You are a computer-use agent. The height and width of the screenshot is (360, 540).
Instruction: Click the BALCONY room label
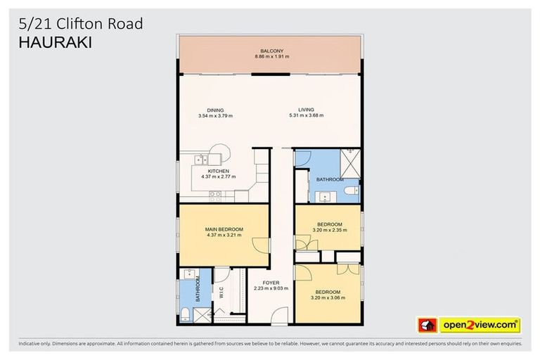pyautogui.click(x=271, y=51)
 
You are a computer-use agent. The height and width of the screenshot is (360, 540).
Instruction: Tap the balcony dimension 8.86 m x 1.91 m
pyautogui.click(x=271, y=56)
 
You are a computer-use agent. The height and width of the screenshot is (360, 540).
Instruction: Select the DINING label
pyautogui.click(x=215, y=110)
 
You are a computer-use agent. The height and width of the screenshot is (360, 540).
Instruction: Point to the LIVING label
pyautogui.click(x=306, y=110)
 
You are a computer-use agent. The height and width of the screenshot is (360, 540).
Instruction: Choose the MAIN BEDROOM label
pyautogui.click(x=224, y=229)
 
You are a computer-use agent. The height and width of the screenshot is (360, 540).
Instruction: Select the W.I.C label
pyautogui.click(x=221, y=291)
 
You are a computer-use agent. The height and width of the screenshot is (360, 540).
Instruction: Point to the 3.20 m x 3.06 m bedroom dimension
pyautogui.click(x=328, y=297)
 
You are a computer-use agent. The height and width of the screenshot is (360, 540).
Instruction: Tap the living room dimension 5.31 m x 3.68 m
pyautogui.click(x=306, y=115)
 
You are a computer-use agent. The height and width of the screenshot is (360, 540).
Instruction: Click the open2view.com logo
pyautogui.click(x=480, y=325)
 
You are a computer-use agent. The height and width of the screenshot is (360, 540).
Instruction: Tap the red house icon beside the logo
pyautogui.click(x=427, y=326)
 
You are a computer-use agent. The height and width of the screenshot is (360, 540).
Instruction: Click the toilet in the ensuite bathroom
pyautogui.click(x=184, y=313)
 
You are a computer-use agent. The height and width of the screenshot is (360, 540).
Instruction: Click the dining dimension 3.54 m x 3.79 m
pyautogui.click(x=215, y=115)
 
